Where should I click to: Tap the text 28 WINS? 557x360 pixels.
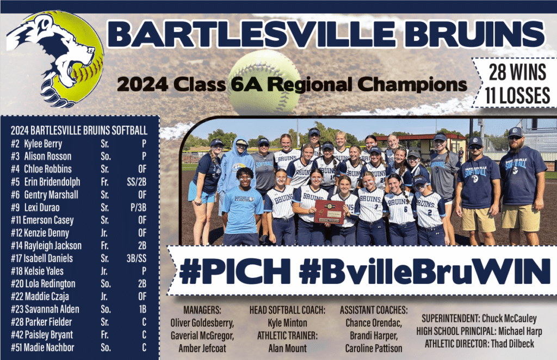pyautogui.click(x=518, y=72)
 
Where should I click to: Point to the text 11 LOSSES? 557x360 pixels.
pyautogui.click(x=518, y=95)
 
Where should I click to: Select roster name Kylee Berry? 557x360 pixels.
pyautogui.click(x=43, y=144)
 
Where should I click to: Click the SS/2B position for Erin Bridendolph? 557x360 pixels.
pyautogui.click(x=137, y=182)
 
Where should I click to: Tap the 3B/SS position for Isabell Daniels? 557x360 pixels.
pyautogui.click(x=137, y=258)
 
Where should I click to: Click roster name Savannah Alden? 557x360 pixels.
pyautogui.click(x=52, y=309)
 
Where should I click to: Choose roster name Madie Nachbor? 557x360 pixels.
pyautogui.click(x=49, y=347)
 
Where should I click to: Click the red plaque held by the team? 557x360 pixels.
pyautogui.click(x=329, y=212)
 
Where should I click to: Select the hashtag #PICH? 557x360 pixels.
pyautogui.click(x=235, y=271)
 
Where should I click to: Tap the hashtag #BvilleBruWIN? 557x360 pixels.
pyautogui.click(x=425, y=271)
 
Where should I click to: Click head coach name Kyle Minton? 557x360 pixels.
pyautogui.click(x=287, y=323)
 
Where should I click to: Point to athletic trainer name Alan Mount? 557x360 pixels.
pyautogui.click(x=287, y=349)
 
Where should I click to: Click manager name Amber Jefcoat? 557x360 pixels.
pyautogui.click(x=202, y=349)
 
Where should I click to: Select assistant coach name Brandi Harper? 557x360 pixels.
pyautogui.click(x=374, y=336)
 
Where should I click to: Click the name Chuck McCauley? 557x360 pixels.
pyautogui.click(x=509, y=319)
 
